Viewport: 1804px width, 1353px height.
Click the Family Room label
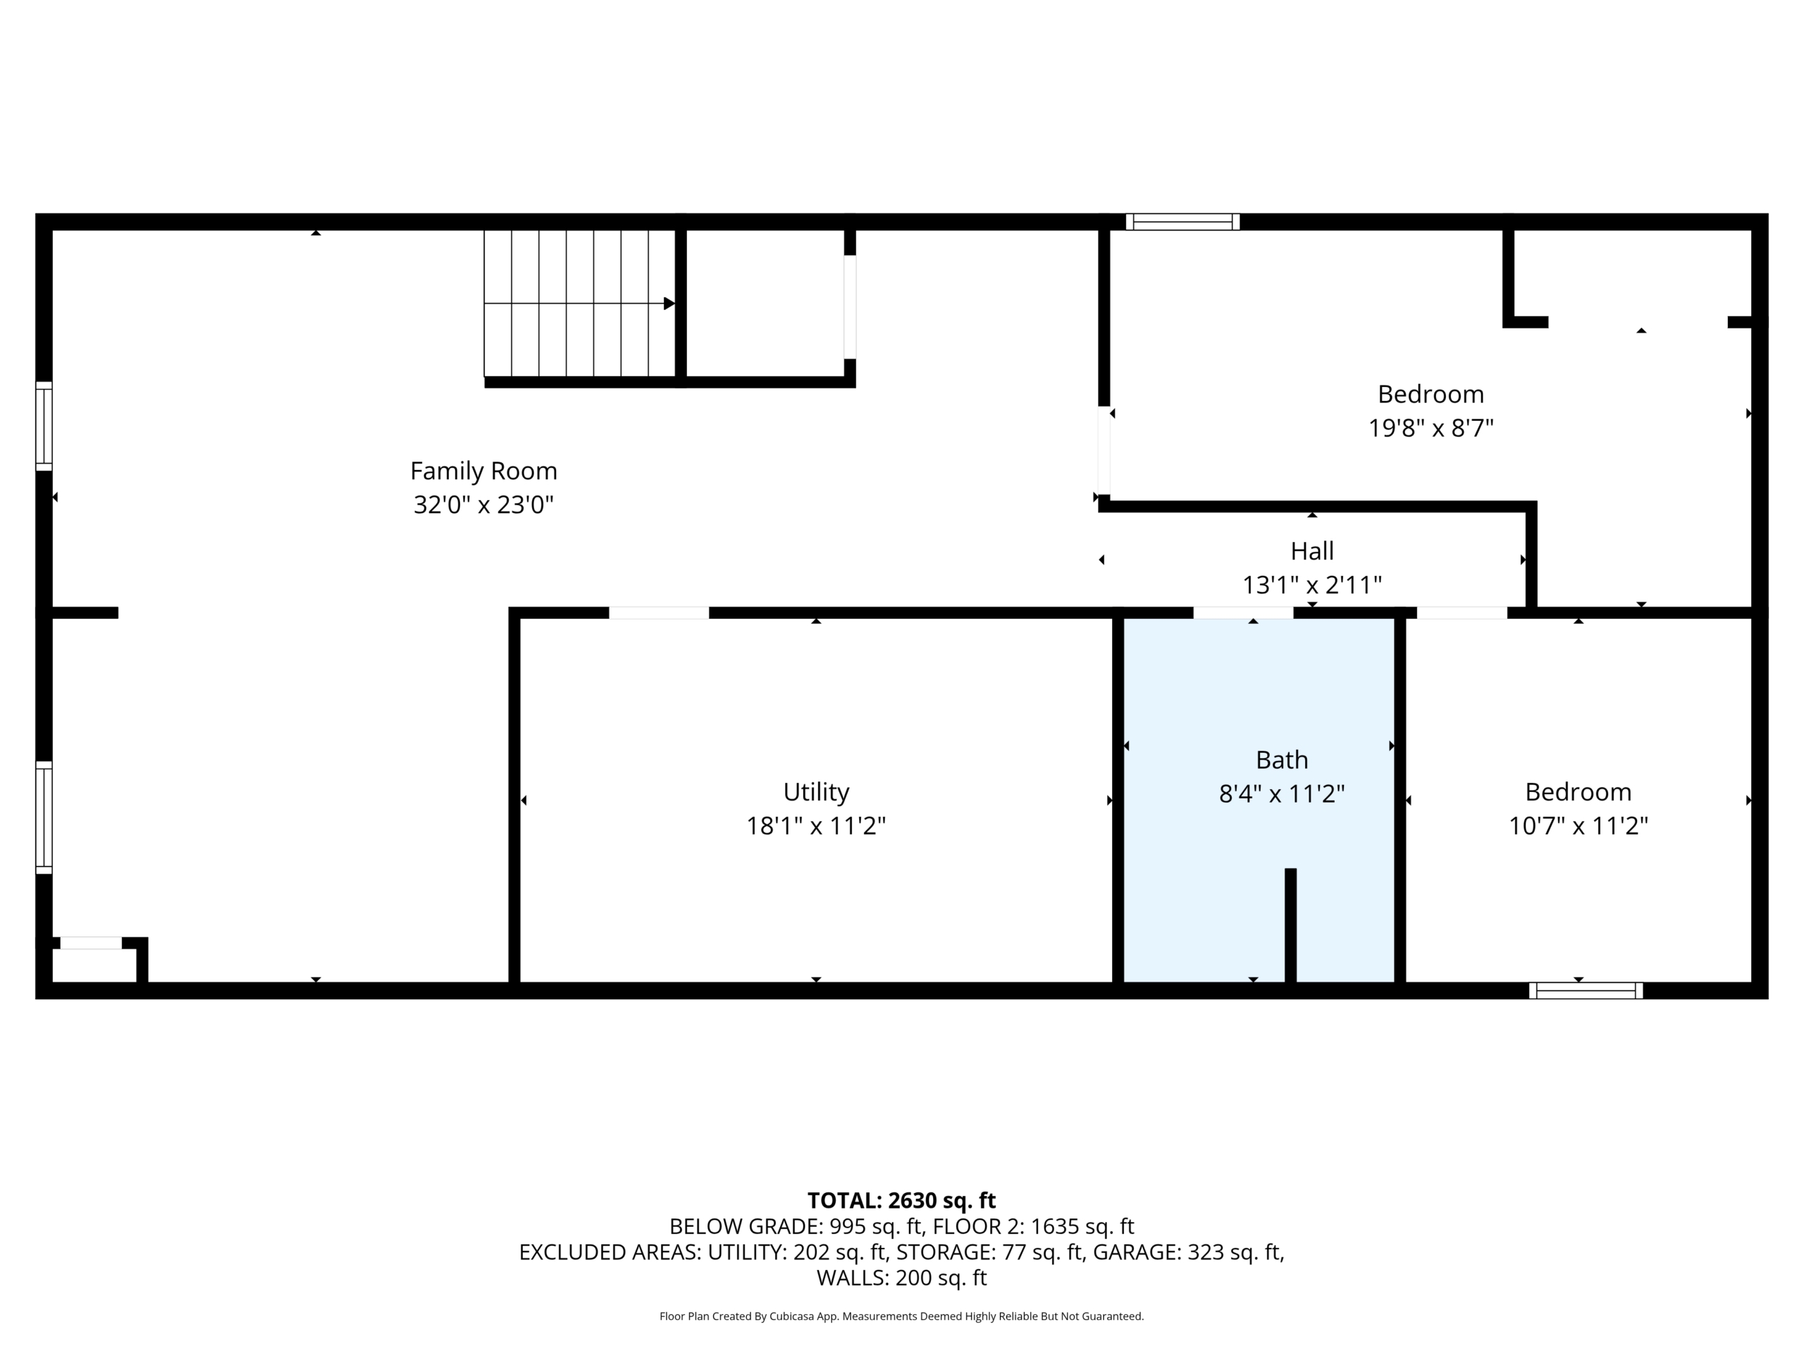click(x=483, y=471)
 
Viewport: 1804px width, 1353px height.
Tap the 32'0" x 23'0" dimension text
click(x=483, y=505)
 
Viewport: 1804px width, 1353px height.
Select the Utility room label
click(x=816, y=792)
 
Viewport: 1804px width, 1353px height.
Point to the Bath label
click(x=1282, y=760)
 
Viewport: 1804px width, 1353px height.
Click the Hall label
click(x=1312, y=551)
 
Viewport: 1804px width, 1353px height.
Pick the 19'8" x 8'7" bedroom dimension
click(x=1431, y=428)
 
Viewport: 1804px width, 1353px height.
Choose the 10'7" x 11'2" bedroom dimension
click(x=1579, y=826)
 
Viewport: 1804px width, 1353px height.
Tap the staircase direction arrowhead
click(x=669, y=304)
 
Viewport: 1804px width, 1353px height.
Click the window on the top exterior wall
click(x=1182, y=222)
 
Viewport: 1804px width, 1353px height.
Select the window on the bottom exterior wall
click(x=1586, y=990)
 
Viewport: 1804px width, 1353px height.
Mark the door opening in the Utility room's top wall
click(x=659, y=612)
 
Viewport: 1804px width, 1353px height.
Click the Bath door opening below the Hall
click(x=1243, y=612)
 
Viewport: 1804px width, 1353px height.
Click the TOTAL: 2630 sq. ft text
click(x=902, y=1201)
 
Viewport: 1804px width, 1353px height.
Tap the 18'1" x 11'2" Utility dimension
click(x=816, y=826)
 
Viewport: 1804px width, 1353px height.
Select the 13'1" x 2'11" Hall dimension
click(x=1312, y=586)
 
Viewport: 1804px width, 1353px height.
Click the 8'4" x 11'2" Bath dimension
click(x=1282, y=793)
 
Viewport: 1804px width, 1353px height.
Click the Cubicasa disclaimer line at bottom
click(x=902, y=1316)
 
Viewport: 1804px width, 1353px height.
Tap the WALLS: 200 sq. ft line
click(x=902, y=1278)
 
